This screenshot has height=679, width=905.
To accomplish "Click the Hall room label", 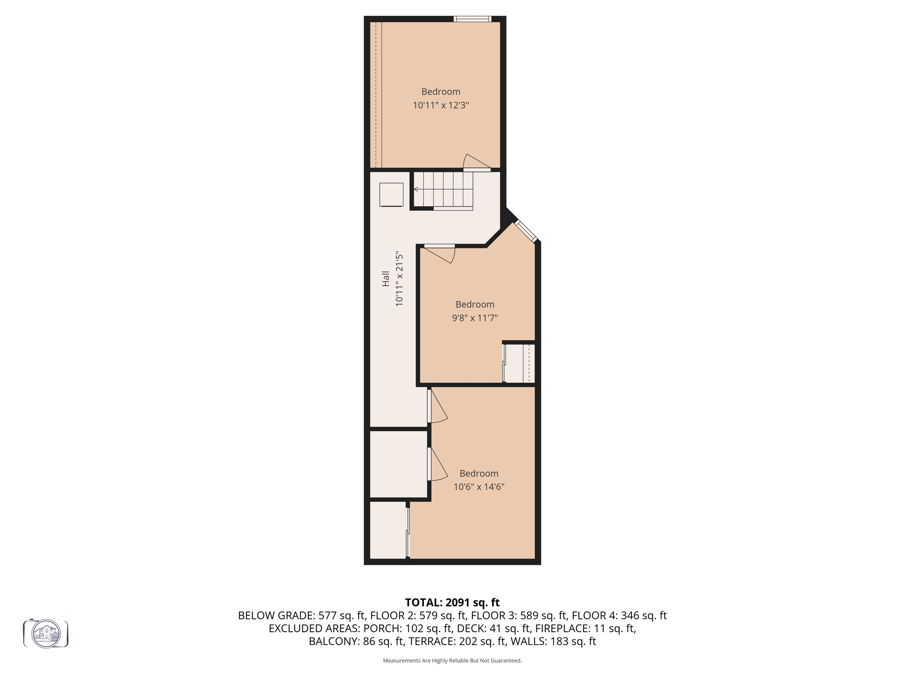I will click(x=386, y=278).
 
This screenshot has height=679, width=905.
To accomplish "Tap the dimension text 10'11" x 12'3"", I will click(x=441, y=105).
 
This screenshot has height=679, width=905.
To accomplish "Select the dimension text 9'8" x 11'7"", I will click(x=475, y=318).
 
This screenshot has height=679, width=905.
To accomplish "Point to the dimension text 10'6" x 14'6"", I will click(x=479, y=487).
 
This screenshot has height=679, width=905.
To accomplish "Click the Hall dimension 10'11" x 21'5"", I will click(x=399, y=278).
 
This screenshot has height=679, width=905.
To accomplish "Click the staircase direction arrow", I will click(x=416, y=189).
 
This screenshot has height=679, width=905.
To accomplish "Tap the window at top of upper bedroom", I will click(x=472, y=19).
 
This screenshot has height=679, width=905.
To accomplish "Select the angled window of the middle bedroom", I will click(x=526, y=231).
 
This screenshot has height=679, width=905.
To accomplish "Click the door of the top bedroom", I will click(x=476, y=164).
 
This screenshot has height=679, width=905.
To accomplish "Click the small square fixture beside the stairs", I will click(x=391, y=195).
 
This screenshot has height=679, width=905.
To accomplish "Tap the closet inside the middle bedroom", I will click(x=520, y=363).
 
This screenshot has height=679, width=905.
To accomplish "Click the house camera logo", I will click(x=46, y=633).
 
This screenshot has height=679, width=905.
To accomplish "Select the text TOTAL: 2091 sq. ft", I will click(x=452, y=603).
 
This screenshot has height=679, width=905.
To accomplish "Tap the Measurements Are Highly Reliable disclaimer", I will click(x=452, y=660).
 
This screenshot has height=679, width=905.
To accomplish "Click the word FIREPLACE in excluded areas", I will click(x=562, y=628).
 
